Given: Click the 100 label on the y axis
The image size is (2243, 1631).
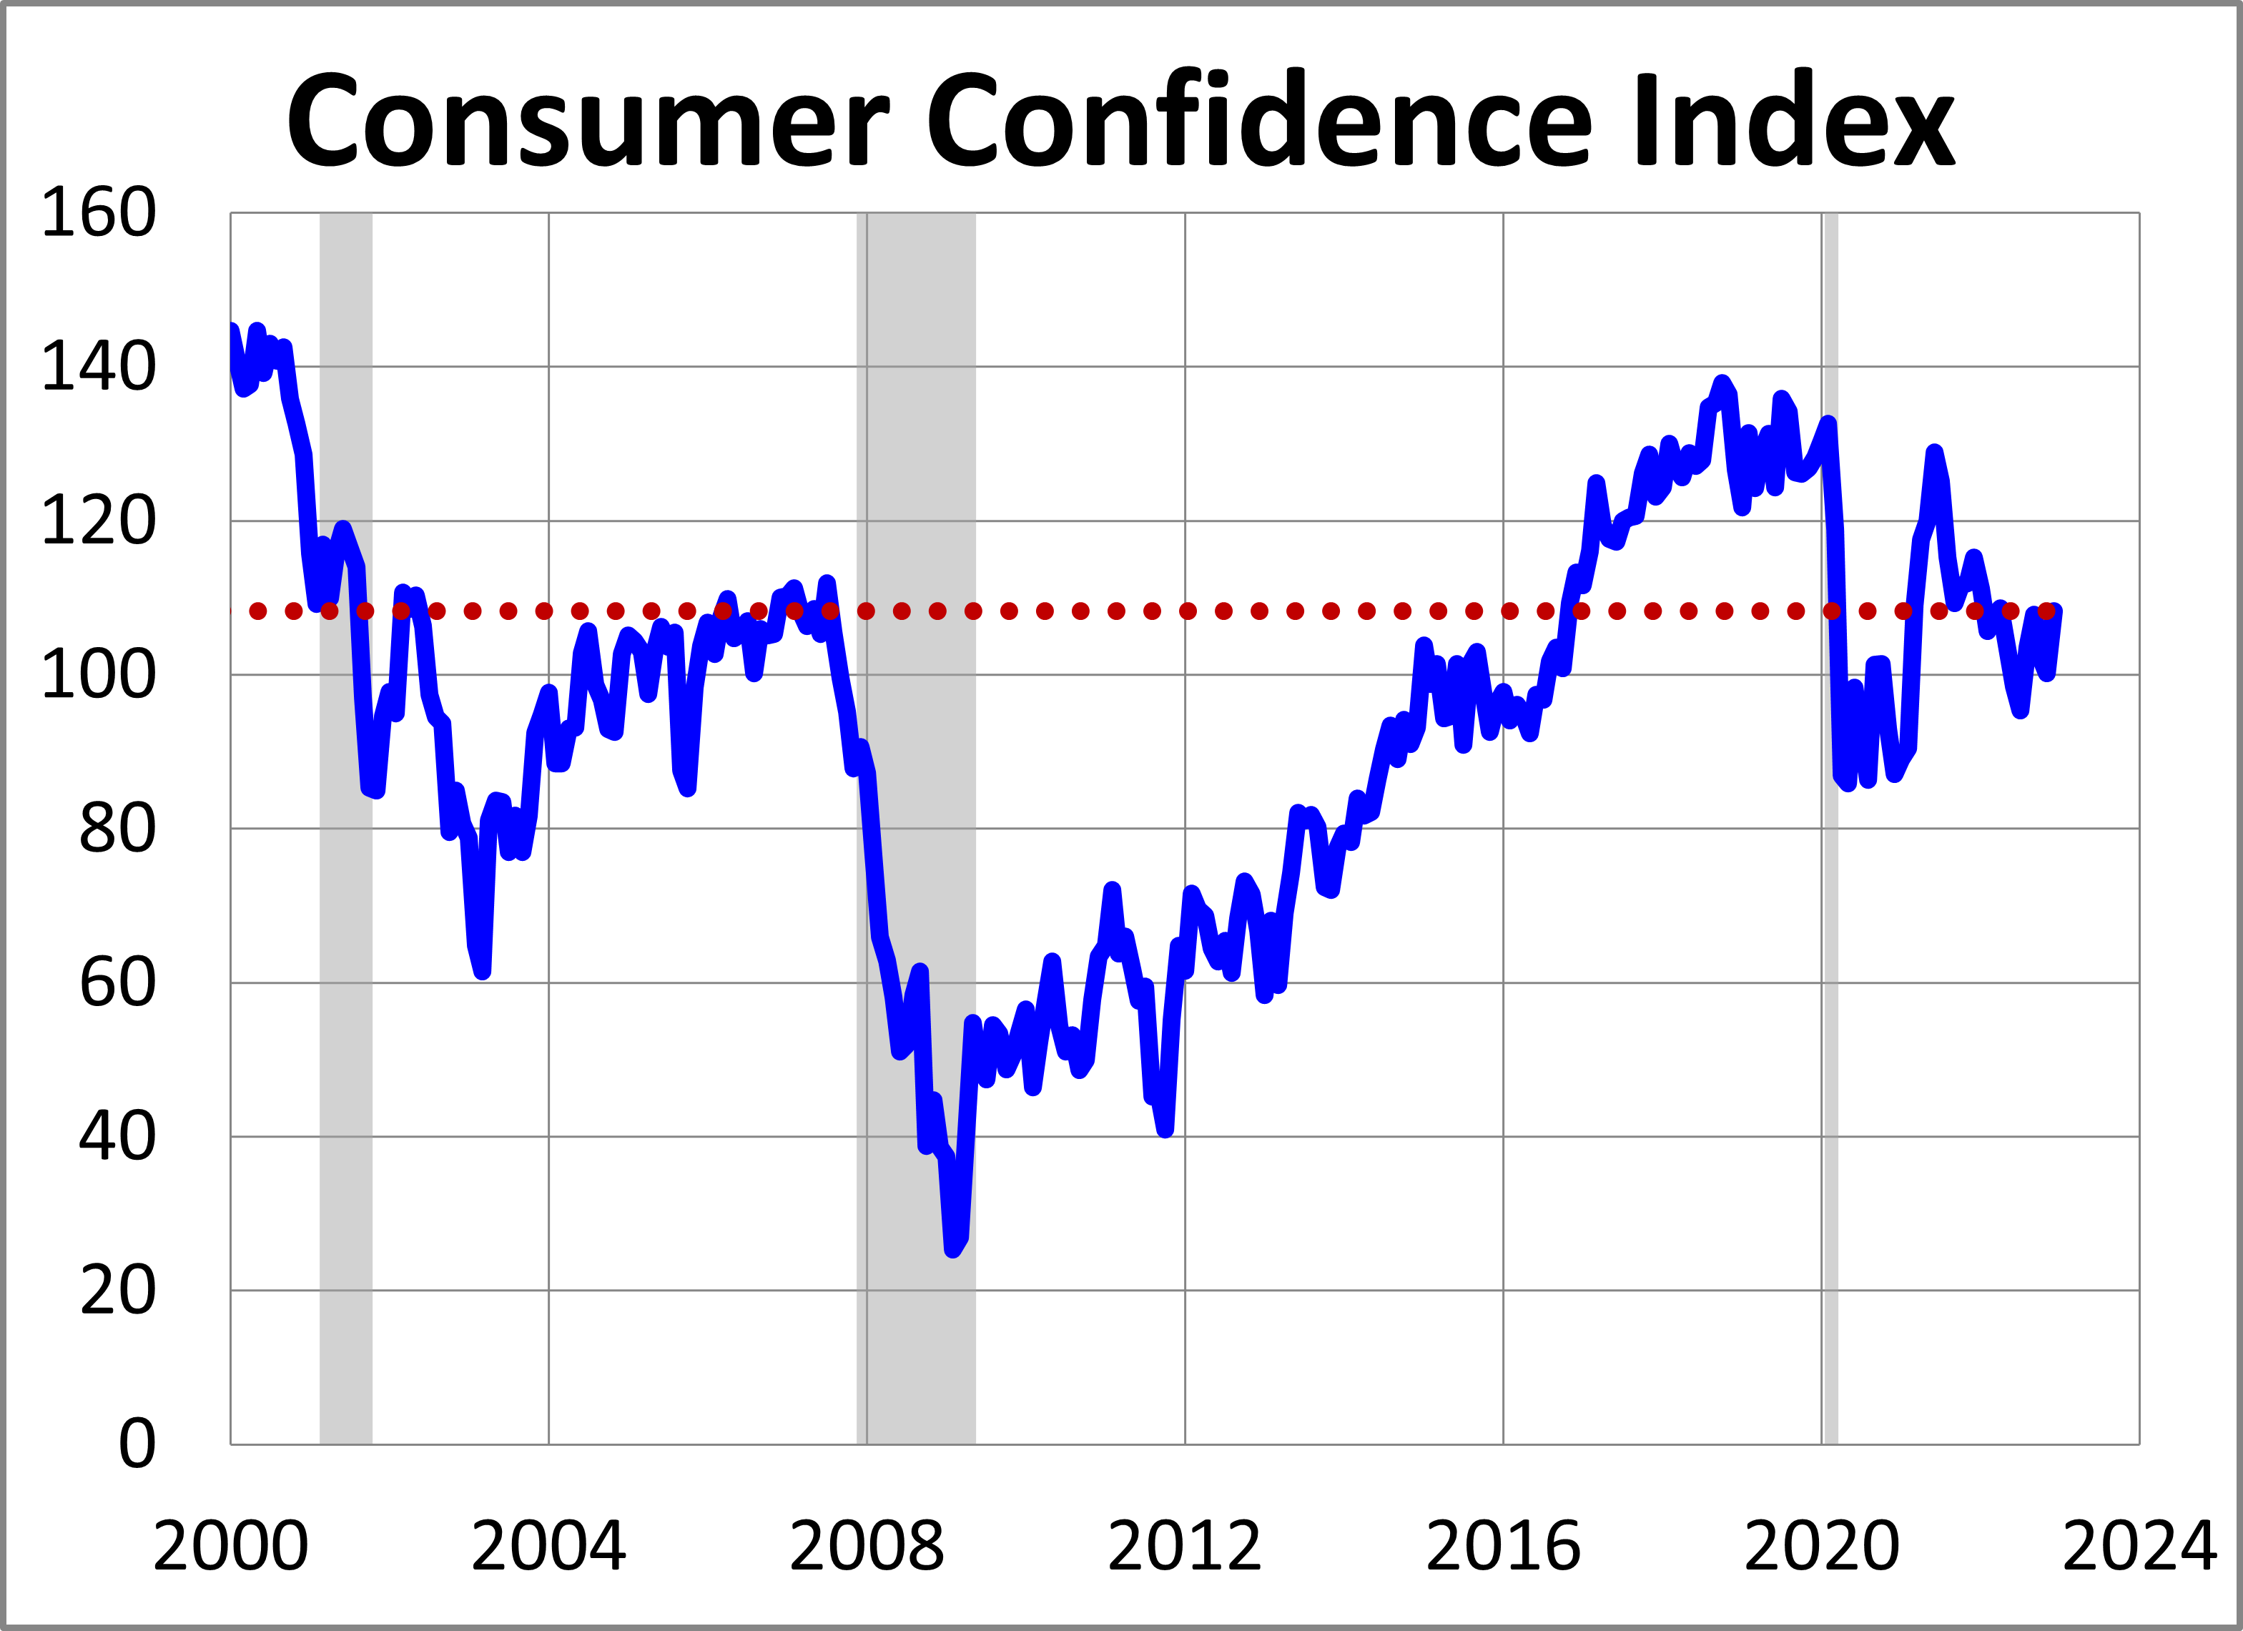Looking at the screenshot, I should point(98,676).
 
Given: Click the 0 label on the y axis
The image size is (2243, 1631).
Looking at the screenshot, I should point(137,1444).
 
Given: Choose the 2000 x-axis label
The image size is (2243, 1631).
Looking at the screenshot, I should point(230,1547).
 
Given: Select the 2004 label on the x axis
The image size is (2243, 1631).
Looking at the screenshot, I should point(549,1547).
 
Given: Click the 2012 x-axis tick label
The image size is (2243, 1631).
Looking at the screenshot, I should point(1185,1547).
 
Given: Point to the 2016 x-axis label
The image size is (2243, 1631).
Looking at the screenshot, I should point(1503,1547).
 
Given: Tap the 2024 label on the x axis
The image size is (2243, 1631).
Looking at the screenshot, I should point(2139,1547).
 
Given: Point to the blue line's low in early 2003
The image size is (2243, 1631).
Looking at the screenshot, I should point(482,971).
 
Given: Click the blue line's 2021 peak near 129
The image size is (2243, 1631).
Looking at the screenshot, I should point(1934,453).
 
